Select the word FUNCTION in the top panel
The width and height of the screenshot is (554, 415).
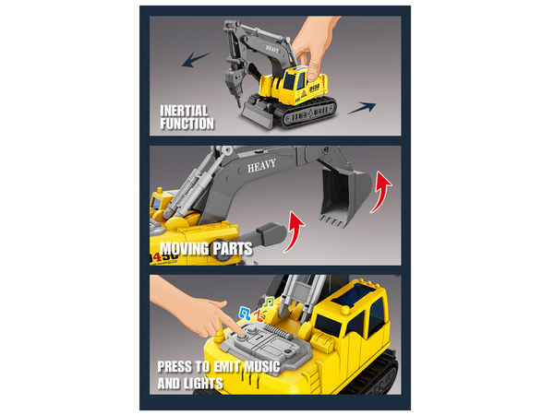point(187,123)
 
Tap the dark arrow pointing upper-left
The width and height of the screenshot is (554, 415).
point(196,60)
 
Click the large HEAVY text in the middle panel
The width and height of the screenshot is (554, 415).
point(261,167)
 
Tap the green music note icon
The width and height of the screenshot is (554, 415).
point(267,302)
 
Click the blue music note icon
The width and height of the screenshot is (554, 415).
point(246,313)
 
